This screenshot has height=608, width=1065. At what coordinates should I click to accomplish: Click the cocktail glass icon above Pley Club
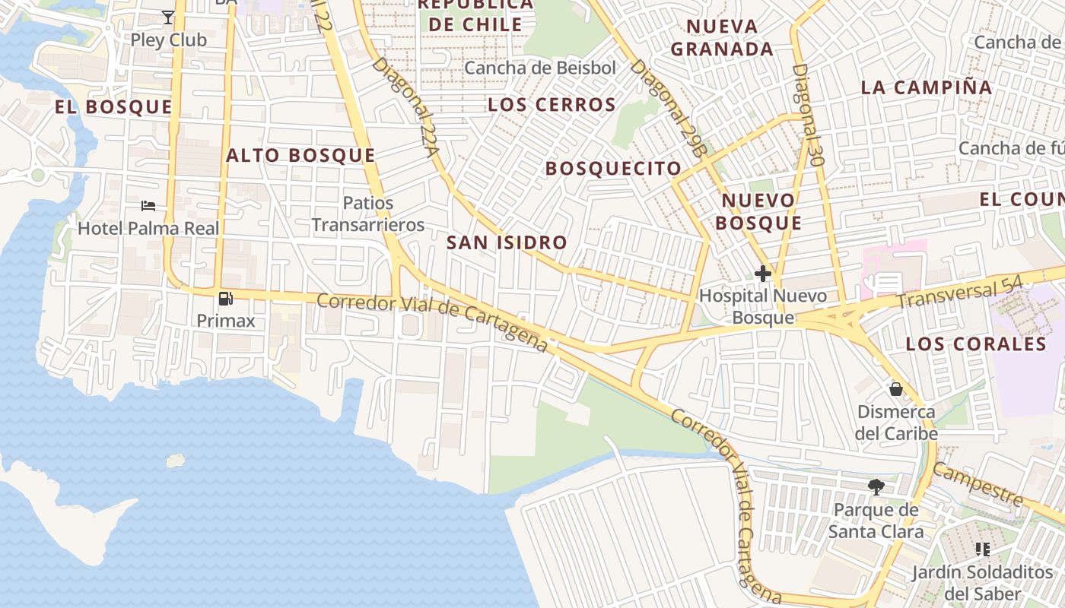pyautogui.click(x=168, y=17)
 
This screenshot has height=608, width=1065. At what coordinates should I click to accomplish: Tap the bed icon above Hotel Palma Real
pyautogui.click(x=148, y=205)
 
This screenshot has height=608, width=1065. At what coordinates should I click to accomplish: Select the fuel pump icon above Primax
pyautogui.click(x=225, y=299)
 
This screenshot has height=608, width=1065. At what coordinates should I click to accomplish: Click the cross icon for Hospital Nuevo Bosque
pyautogui.click(x=763, y=274)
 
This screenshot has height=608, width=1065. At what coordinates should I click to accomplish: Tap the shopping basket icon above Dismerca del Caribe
pyautogui.click(x=896, y=389)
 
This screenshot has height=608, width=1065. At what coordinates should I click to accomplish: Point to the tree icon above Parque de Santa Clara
pyautogui.click(x=876, y=486)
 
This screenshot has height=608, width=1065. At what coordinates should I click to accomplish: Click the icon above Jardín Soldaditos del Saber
pyautogui.click(x=983, y=549)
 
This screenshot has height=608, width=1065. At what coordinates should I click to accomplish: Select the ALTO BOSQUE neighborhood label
pyautogui.click(x=300, y=156)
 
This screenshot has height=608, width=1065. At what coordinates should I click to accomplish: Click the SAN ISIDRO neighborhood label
pyautogui.click(x=507, y=243)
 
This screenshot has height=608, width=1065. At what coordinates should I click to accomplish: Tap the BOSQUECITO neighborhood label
pyautogui.click(x=613, y=169)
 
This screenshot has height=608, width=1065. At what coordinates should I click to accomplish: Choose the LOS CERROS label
pyautogui.click(x=552, y=105)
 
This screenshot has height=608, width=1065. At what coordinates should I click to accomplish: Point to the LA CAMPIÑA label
pyautogui.click(x=926, y=87)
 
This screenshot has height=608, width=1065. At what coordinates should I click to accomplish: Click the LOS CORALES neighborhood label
pyautogui.click(x=976, y=344)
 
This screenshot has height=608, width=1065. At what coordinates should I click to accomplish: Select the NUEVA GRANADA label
pyautogui.click(x=723, y=38)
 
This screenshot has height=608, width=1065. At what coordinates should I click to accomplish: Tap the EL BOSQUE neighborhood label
pyautogui.click(x=113, y=107)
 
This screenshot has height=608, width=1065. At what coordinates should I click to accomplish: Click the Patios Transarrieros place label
pyautogui.click(x=368, y=214)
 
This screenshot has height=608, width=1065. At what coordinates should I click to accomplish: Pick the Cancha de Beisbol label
pyautogui.click(x=540, y=68)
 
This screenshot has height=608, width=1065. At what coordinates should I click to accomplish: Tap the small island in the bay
pyautogui.click(x=176, y=461)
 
